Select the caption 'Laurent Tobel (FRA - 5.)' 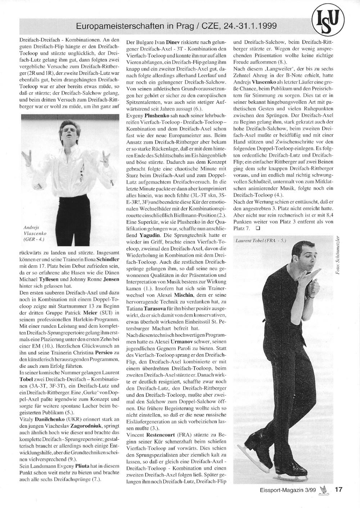(x=261, y=240)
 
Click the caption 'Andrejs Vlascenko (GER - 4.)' (x=34, y=233)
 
